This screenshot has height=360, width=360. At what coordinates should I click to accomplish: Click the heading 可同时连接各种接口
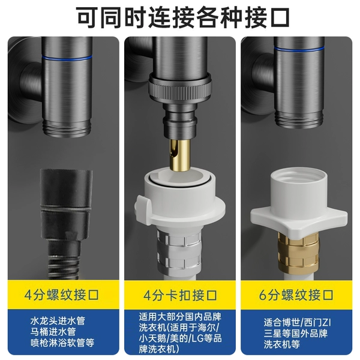click(x=182, y=18)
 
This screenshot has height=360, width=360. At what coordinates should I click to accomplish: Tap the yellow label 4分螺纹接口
click(x=62, y=295)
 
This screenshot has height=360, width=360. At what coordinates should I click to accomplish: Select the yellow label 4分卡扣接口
click(x=180, y=295)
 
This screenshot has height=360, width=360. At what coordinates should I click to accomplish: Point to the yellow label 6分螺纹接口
click(x=296, y=295)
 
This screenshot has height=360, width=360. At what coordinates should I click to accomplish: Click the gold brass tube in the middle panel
click(x=179, y=155)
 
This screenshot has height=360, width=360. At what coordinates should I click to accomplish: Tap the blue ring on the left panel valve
click(x=67, y=58)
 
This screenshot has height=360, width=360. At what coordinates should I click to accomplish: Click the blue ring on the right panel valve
click(x=299, y=49)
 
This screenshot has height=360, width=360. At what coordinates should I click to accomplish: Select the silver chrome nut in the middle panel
click(x=179, y=251)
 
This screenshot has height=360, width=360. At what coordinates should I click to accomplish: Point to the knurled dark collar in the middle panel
click(x=180, y=89)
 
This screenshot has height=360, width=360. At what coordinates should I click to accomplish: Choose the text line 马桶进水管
click(x=53, y=332)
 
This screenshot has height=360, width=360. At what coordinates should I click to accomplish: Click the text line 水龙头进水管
click(x=58, y=321)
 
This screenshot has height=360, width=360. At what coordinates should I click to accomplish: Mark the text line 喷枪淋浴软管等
click(x=62, y=343)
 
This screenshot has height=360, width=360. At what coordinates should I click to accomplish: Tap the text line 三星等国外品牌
click(x=296, y=333)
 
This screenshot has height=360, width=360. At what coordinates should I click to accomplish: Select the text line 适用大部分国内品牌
click(x=180, y=317)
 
